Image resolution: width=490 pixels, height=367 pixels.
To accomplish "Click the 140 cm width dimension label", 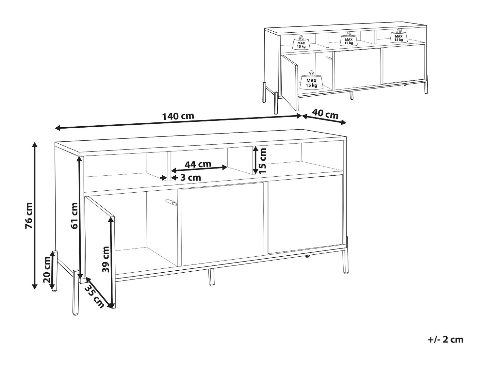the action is pyautogui.click(x=178, y=117).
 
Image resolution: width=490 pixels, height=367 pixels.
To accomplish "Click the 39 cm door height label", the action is pyautogui.click(x=106, y=259).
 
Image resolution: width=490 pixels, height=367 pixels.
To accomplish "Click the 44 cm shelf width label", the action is pyautogui.click(x=198, y=164).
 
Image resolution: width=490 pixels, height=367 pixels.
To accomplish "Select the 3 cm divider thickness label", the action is pyautogui.click(x=190, y=178).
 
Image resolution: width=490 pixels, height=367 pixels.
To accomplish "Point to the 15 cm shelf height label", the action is pyautogui.click(x=263, y=161).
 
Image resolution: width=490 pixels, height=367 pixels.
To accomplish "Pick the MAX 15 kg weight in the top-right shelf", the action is pyautogui.click(x=399, y=36).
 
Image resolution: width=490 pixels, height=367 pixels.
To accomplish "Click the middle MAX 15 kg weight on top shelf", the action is pyautogui.click(x=349, y=39).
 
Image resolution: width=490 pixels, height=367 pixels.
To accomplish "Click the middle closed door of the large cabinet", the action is pyautogui.click(x=222, y=224).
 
